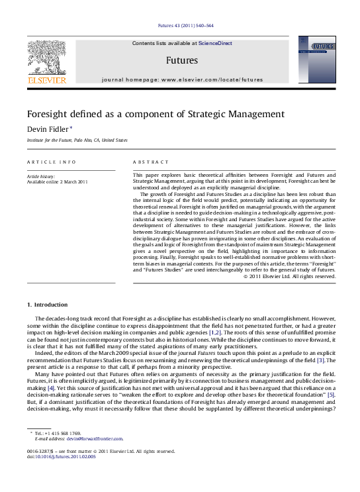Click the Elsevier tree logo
tap(46, 60)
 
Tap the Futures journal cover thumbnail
tap(312, 60)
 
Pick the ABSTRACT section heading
tap(148, 162)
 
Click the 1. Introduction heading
tap(47, 304)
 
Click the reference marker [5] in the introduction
tap(331, 376)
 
